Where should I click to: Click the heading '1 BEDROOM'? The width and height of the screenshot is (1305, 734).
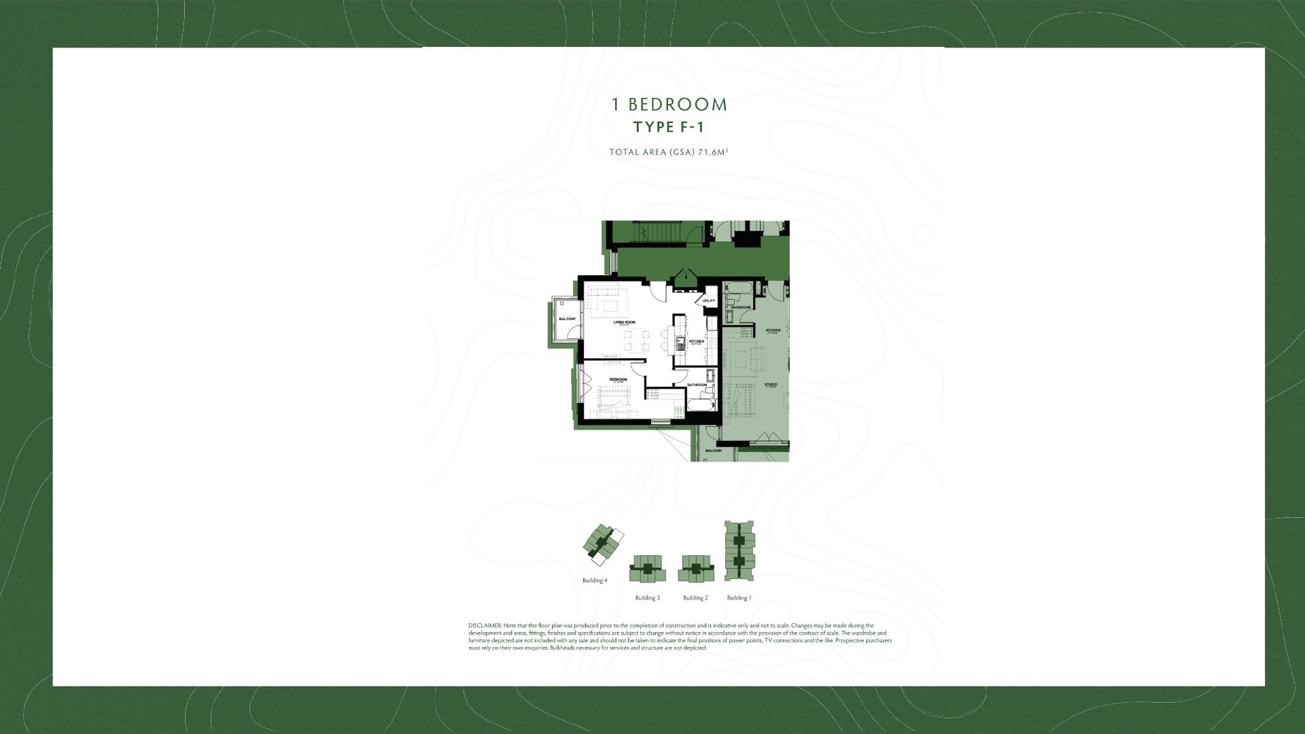point(669,105)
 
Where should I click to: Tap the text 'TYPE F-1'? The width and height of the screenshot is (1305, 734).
point(668,128)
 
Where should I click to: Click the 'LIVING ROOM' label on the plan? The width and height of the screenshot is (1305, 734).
point(624,322)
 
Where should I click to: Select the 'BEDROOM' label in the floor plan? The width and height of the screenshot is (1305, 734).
point(618,379)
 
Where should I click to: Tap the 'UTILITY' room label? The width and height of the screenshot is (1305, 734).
point(709,300)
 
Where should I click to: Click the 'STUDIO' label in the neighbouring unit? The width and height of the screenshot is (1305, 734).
point(771,385)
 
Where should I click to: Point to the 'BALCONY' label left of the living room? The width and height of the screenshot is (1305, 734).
point(567,319)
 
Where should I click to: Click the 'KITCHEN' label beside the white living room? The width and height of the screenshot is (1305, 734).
point(697,341)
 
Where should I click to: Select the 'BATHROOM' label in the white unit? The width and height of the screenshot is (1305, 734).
point(697,385)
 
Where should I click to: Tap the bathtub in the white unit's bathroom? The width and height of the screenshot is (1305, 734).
point(701,406)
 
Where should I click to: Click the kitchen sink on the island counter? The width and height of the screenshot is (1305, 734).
point(680,340)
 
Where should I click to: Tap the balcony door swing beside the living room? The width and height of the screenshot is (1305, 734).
point(575,333)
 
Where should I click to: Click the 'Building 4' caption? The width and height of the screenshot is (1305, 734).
point(595,580)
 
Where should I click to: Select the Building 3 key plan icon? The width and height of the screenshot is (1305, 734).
point(647,569)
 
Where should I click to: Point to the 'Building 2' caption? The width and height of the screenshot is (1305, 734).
point(695,598)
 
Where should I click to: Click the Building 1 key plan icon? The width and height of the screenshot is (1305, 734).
point(739,551)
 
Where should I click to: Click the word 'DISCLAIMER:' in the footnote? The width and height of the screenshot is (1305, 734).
point(485,625)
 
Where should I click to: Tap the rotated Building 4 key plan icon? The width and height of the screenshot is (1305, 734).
point(602,545)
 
